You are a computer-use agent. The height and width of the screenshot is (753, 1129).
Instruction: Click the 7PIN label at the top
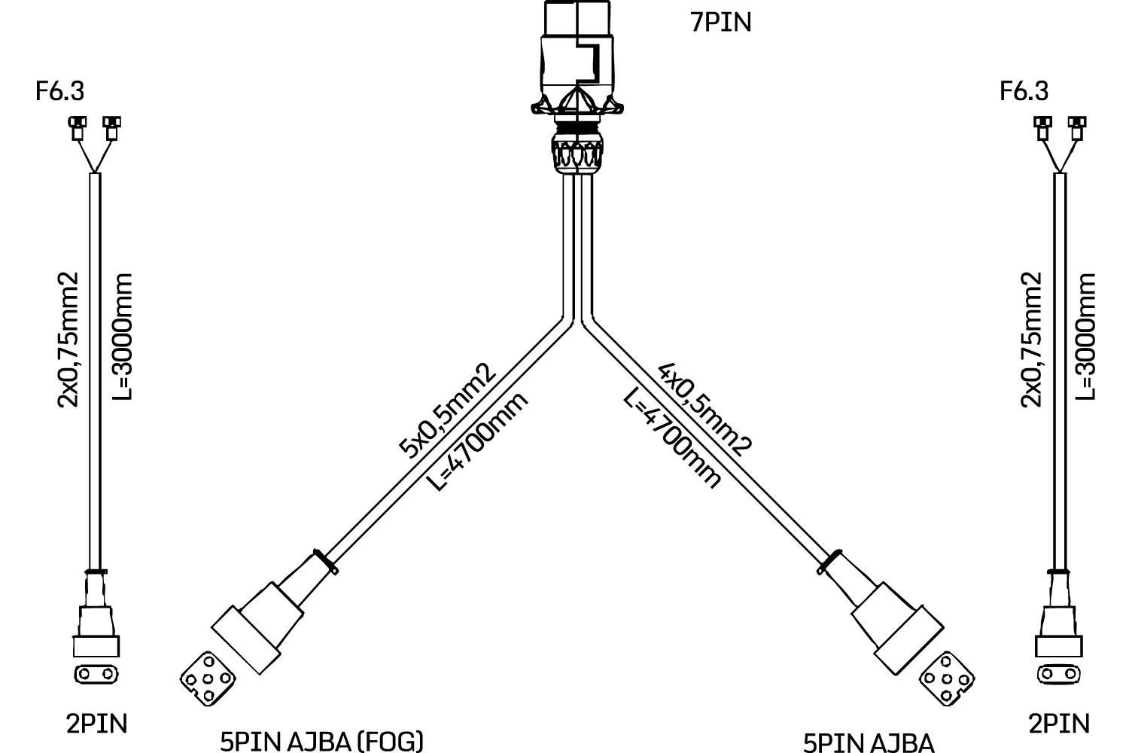pyautogui.click(x=721, y=23)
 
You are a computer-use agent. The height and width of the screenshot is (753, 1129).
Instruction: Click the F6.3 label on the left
pyautogui.click(x=59, y=91)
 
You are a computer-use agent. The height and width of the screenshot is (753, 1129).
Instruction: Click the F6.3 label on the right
pyautogui.click(x=1024, y=91)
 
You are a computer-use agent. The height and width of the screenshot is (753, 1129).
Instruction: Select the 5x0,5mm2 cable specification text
pyautogui.click(x=447, y=410)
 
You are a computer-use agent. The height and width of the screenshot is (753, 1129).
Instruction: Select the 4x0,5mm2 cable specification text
pyautogui.click(x=705, y=409)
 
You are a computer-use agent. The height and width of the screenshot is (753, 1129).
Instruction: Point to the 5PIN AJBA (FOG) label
pyautogui.click(x=321, y=742)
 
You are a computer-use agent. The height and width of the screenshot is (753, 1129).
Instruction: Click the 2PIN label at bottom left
pyautogui.click(x=97, y=724)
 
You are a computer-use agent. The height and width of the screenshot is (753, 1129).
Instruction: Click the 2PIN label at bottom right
pyautogui.click(x=1059, y=724)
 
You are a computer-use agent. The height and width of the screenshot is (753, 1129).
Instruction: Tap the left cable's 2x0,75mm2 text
pyautogui.click(x=68, y=340)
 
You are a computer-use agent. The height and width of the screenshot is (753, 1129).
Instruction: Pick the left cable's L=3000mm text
pyautogui.click(x=121, y=337)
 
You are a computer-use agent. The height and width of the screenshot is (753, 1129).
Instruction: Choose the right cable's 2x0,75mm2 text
pyautogui.click(x=1031, y=340)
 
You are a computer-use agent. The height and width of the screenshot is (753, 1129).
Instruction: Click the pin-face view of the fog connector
pyautogui.click(x=208, y=679)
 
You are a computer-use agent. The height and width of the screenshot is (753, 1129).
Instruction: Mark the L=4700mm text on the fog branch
pyautogui.click(x=478, y=441)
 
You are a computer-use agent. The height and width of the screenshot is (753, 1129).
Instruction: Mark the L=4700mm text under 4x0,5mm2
pyautogui.click(x=672, y=437)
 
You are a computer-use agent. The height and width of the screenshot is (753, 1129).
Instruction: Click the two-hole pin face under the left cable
pyautogui.click(x=96, y=675)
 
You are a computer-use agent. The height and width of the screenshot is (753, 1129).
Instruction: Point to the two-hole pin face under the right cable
pyautogui.click(x=1058, y=675)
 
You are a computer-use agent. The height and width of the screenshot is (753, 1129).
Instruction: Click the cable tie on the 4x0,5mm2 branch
pyautogui.click(x=829, y=562)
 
